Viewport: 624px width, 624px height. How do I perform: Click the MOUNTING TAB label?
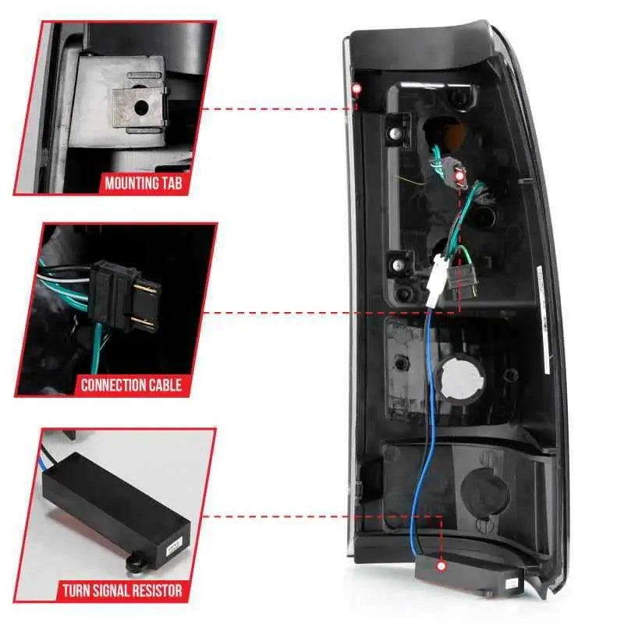(144, 183)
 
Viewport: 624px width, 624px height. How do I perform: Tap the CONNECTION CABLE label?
(131, 385)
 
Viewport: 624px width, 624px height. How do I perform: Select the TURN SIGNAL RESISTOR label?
(122, 590)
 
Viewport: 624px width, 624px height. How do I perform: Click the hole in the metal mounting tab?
(141, 107)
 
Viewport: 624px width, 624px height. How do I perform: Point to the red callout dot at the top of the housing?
(357, 89)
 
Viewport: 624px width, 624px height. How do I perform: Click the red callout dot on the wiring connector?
(460, 176)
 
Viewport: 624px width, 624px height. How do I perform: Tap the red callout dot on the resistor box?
(441, 566)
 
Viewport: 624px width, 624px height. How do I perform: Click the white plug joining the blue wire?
(437, 282)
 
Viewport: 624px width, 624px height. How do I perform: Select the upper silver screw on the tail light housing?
(395, 133)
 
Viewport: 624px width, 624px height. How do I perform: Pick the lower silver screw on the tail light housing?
(398, 264)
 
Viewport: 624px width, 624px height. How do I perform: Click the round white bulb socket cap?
(462, 378)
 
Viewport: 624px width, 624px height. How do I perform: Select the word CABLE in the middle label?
(165, 385)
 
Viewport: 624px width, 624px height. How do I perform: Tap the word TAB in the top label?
(172, 183)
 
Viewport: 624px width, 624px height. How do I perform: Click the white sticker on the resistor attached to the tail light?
(510, 583)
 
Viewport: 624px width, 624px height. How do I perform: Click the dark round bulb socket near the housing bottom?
(485, 494)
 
